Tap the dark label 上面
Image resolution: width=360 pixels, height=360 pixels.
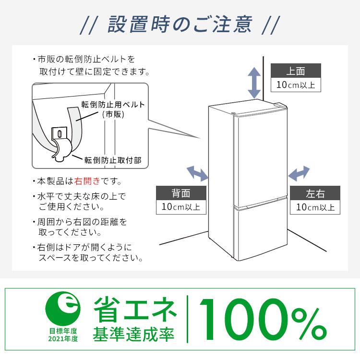pos(295,72)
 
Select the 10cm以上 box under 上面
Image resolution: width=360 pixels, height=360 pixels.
pos(295,85)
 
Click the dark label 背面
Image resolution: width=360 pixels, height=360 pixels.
pos(181,193)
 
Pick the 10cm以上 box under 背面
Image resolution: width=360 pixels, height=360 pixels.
pos(181,207)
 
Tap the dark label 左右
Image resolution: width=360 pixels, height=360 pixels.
pos(315,193)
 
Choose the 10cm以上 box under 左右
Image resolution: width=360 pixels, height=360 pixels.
pos(315,207)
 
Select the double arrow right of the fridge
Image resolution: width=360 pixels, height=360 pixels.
pos(299,172)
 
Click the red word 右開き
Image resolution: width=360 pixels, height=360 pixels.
pos(87,181)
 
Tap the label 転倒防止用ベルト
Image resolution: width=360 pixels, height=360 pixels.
pos(113,104)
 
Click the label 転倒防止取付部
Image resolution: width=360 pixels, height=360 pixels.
pos(112,160)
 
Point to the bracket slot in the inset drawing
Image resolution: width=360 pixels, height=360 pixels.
pos(59,132)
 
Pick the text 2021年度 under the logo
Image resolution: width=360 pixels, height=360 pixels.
pos(63,338)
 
